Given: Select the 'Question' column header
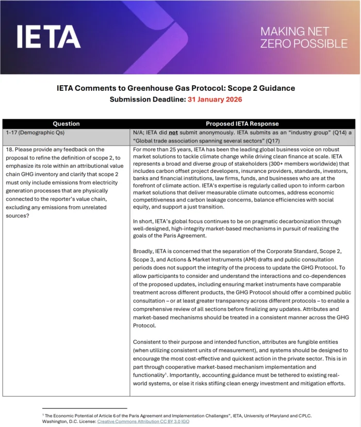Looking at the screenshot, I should (x=67, y=124).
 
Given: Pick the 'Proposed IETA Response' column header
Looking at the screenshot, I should (x=242, y=124).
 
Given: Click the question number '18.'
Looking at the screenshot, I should (x=10, y=150).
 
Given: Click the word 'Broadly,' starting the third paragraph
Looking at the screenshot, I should (x=144, y=252).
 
